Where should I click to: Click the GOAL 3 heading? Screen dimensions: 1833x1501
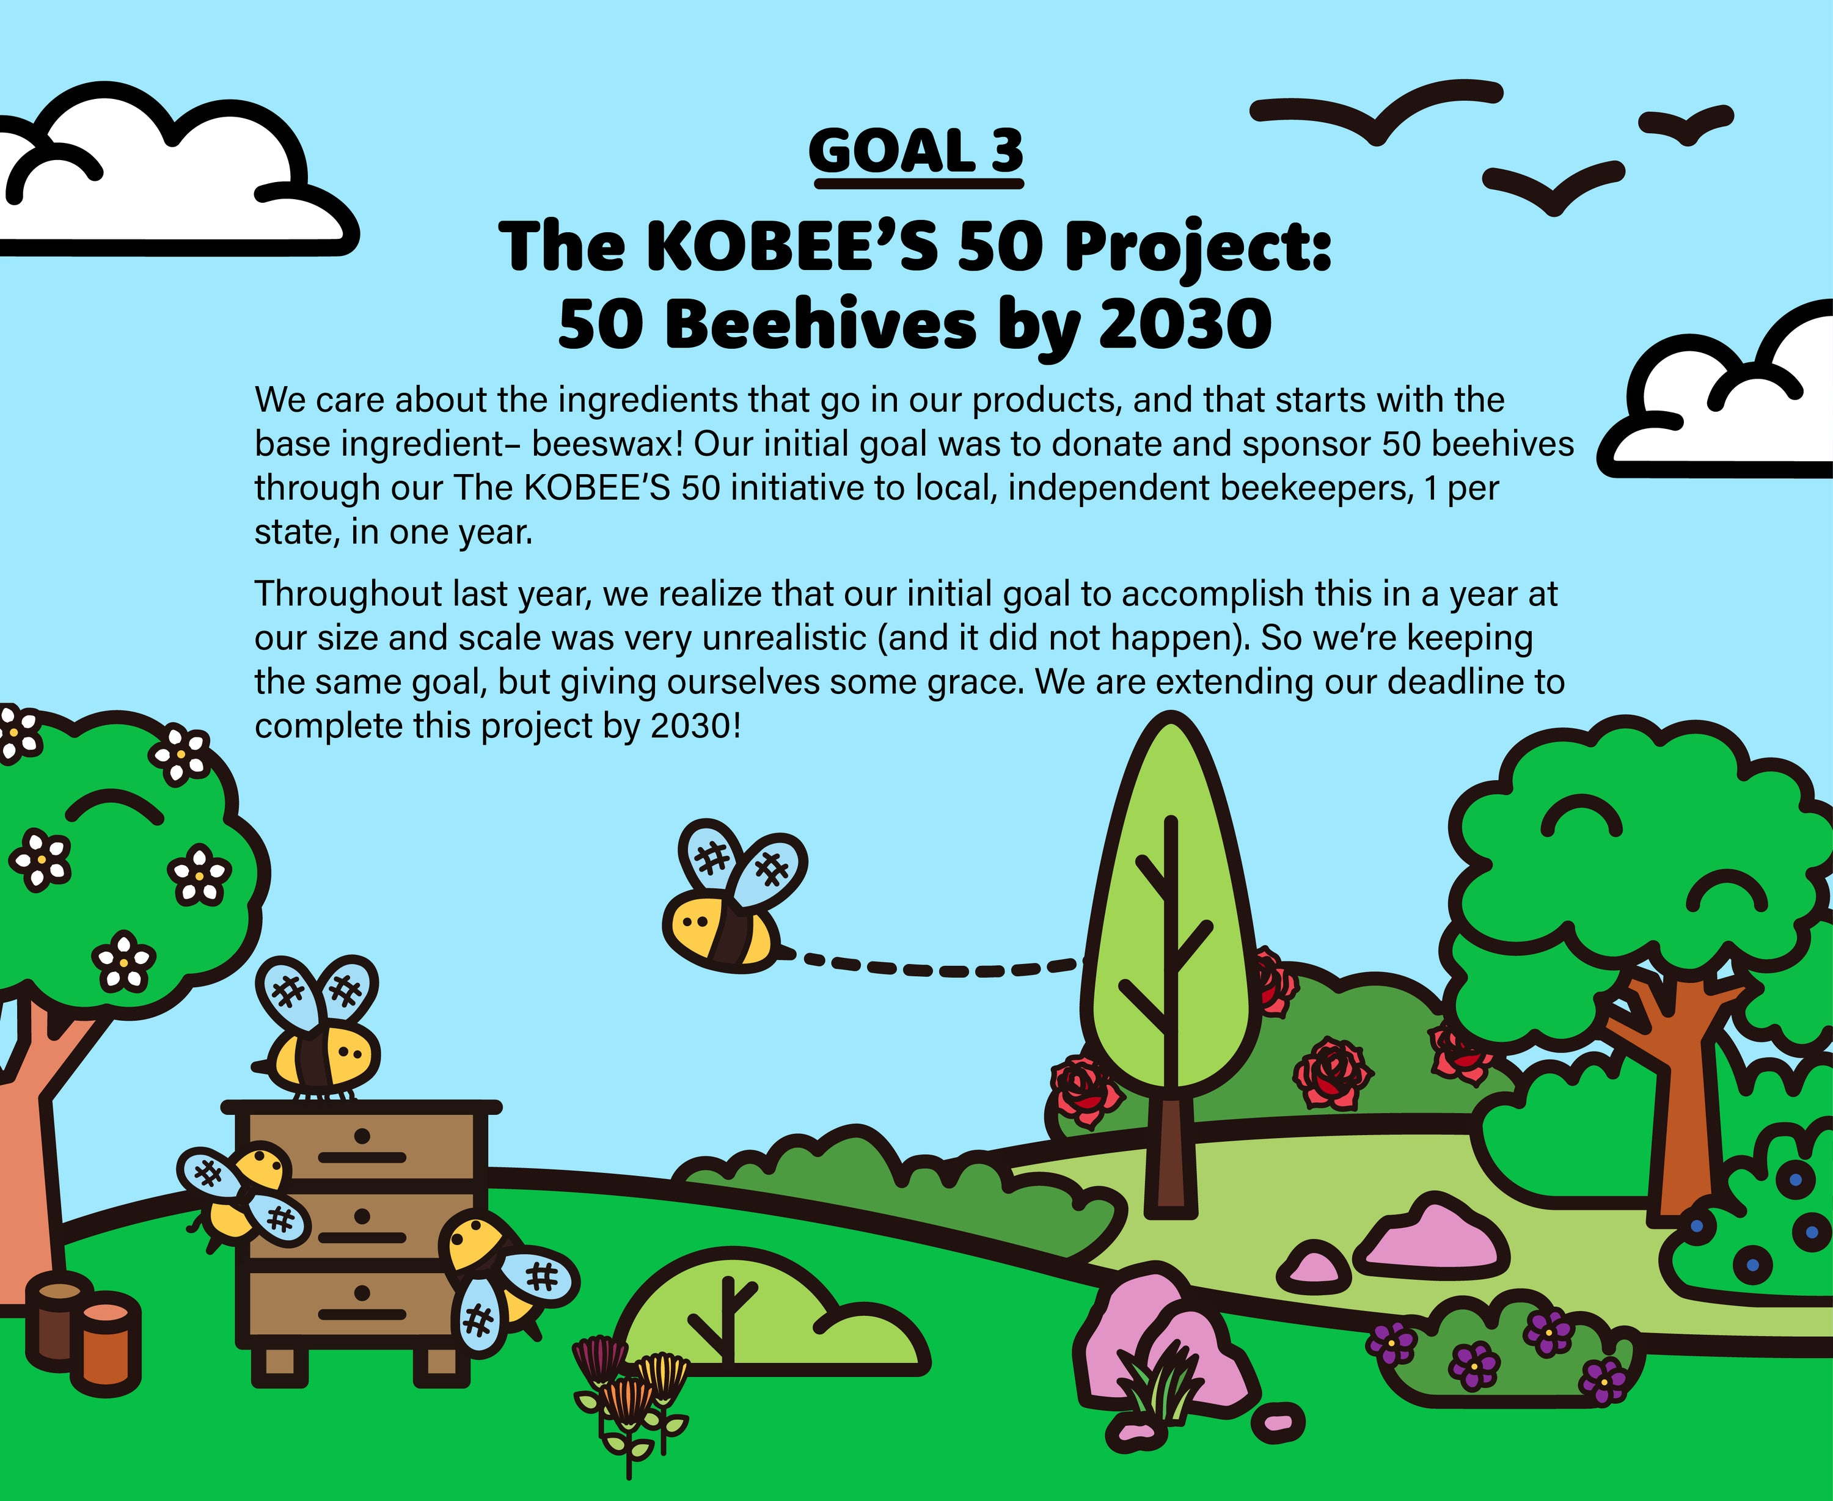coord(916,152)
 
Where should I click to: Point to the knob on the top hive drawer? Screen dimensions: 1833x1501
coord(362,1135)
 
